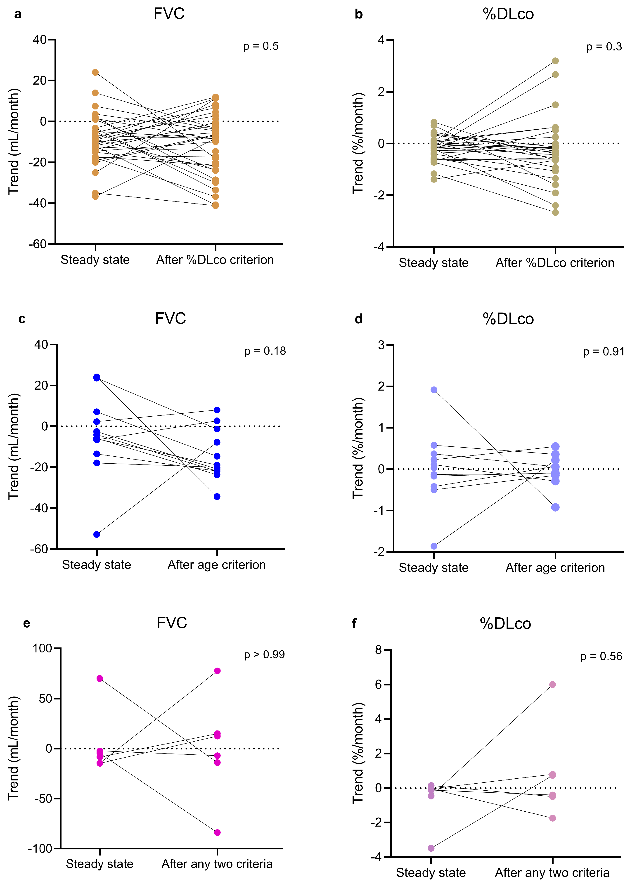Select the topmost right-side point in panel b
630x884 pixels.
[555, 61]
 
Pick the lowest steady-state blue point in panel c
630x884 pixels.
[97, 535]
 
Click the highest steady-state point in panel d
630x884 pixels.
[434, 390]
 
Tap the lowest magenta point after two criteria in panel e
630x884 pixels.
[217, 832]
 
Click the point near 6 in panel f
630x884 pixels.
[552, 685]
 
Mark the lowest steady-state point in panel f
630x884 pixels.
[431, 848]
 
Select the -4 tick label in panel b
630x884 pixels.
[379, 247]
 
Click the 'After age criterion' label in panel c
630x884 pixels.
[216, 565]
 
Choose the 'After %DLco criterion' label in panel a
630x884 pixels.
[215, 260]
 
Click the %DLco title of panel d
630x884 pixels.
[508, 319]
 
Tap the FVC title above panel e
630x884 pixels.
[172, 623]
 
